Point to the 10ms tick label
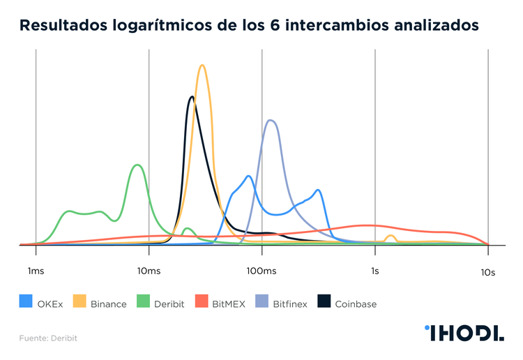pos(148,271)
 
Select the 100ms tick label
pos(261,271)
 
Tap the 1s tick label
pos(374,271)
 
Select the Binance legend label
pos(108,304)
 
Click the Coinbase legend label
pos(356,304)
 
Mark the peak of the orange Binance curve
pos(202,65)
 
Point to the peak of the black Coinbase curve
pos(191,96)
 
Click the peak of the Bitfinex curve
pos(271,120)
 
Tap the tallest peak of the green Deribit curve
pos(137,165)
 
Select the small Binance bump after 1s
pos(391,236)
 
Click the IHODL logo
pos(464,333)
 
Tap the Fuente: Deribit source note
pos(47,338)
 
